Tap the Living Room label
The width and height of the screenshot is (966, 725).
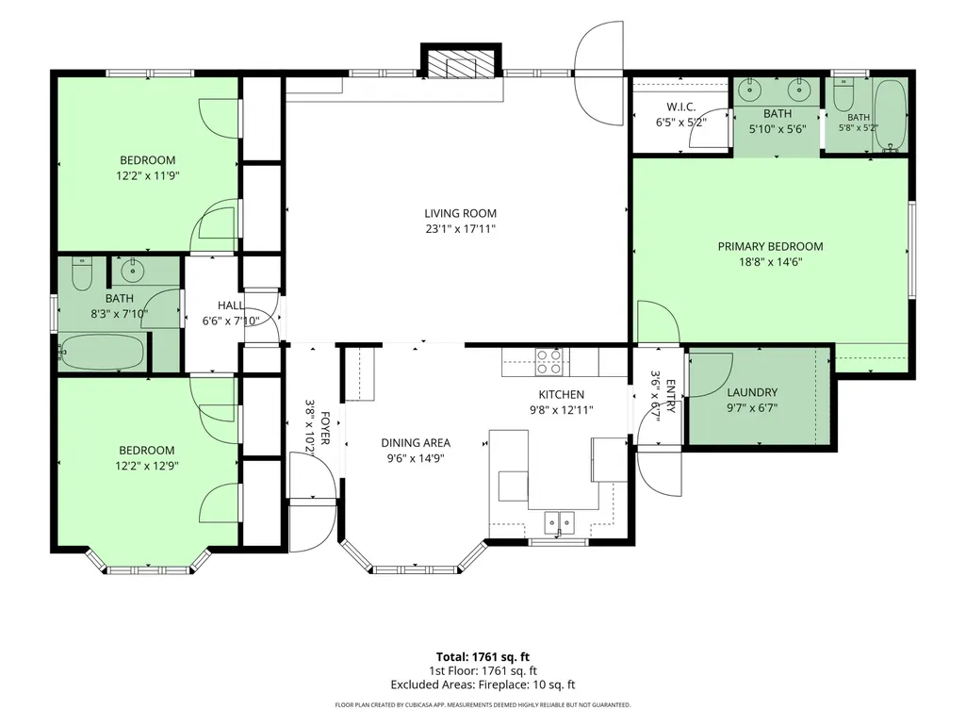point(460,213)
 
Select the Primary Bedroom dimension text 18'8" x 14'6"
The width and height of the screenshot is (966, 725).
point(770,262)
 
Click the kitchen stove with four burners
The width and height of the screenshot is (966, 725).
point(548,362)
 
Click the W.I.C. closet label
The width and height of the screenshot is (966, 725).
point(680,107)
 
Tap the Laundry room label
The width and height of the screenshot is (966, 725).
point(752,392)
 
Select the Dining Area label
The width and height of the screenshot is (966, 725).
point(416,443)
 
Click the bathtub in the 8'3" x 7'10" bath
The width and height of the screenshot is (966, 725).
point(102,352)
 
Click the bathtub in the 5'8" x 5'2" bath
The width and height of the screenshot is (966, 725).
point(890,116)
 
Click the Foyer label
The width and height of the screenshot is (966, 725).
point(325,428)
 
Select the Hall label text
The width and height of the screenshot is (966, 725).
point(230,305)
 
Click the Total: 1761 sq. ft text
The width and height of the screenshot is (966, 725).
point(483,657)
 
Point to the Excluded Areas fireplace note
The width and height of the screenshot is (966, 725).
point(483,684)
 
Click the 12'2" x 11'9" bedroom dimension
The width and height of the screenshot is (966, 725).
point(147,175)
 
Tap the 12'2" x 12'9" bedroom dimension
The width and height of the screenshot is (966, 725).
point(147,466)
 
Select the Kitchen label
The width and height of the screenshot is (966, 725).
point(562,395)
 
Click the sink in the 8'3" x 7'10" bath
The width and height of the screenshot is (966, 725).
point(131,270)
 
